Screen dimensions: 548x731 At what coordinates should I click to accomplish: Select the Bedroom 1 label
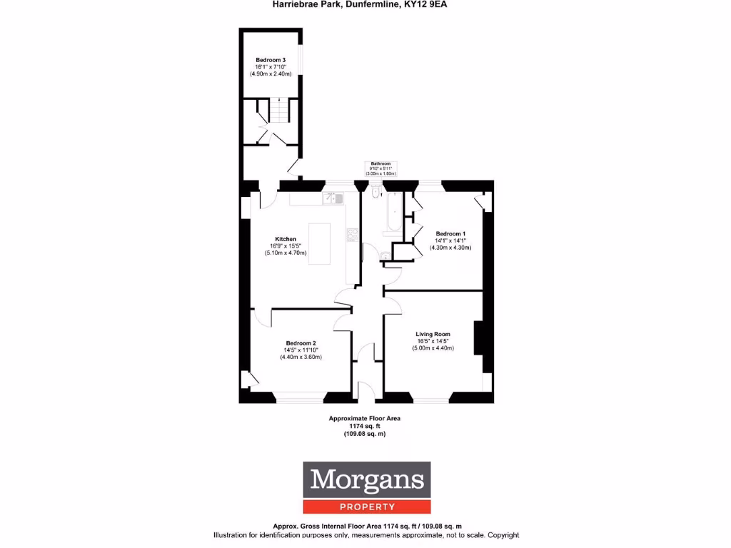coord(450,234)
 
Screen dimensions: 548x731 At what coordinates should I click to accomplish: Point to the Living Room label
coord(433,334)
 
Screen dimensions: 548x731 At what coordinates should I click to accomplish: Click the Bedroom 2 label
coord(301,343)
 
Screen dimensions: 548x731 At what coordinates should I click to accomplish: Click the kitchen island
coord(320,243)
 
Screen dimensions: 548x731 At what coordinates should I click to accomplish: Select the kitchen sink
coord(333,198)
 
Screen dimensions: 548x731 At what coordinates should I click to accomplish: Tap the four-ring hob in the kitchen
coord(352,235)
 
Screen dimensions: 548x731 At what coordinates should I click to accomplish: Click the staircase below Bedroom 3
coord(278,112)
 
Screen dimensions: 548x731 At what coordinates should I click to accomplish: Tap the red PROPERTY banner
coord(367,507)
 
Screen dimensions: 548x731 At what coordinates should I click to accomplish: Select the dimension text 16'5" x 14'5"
coord(433,341)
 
